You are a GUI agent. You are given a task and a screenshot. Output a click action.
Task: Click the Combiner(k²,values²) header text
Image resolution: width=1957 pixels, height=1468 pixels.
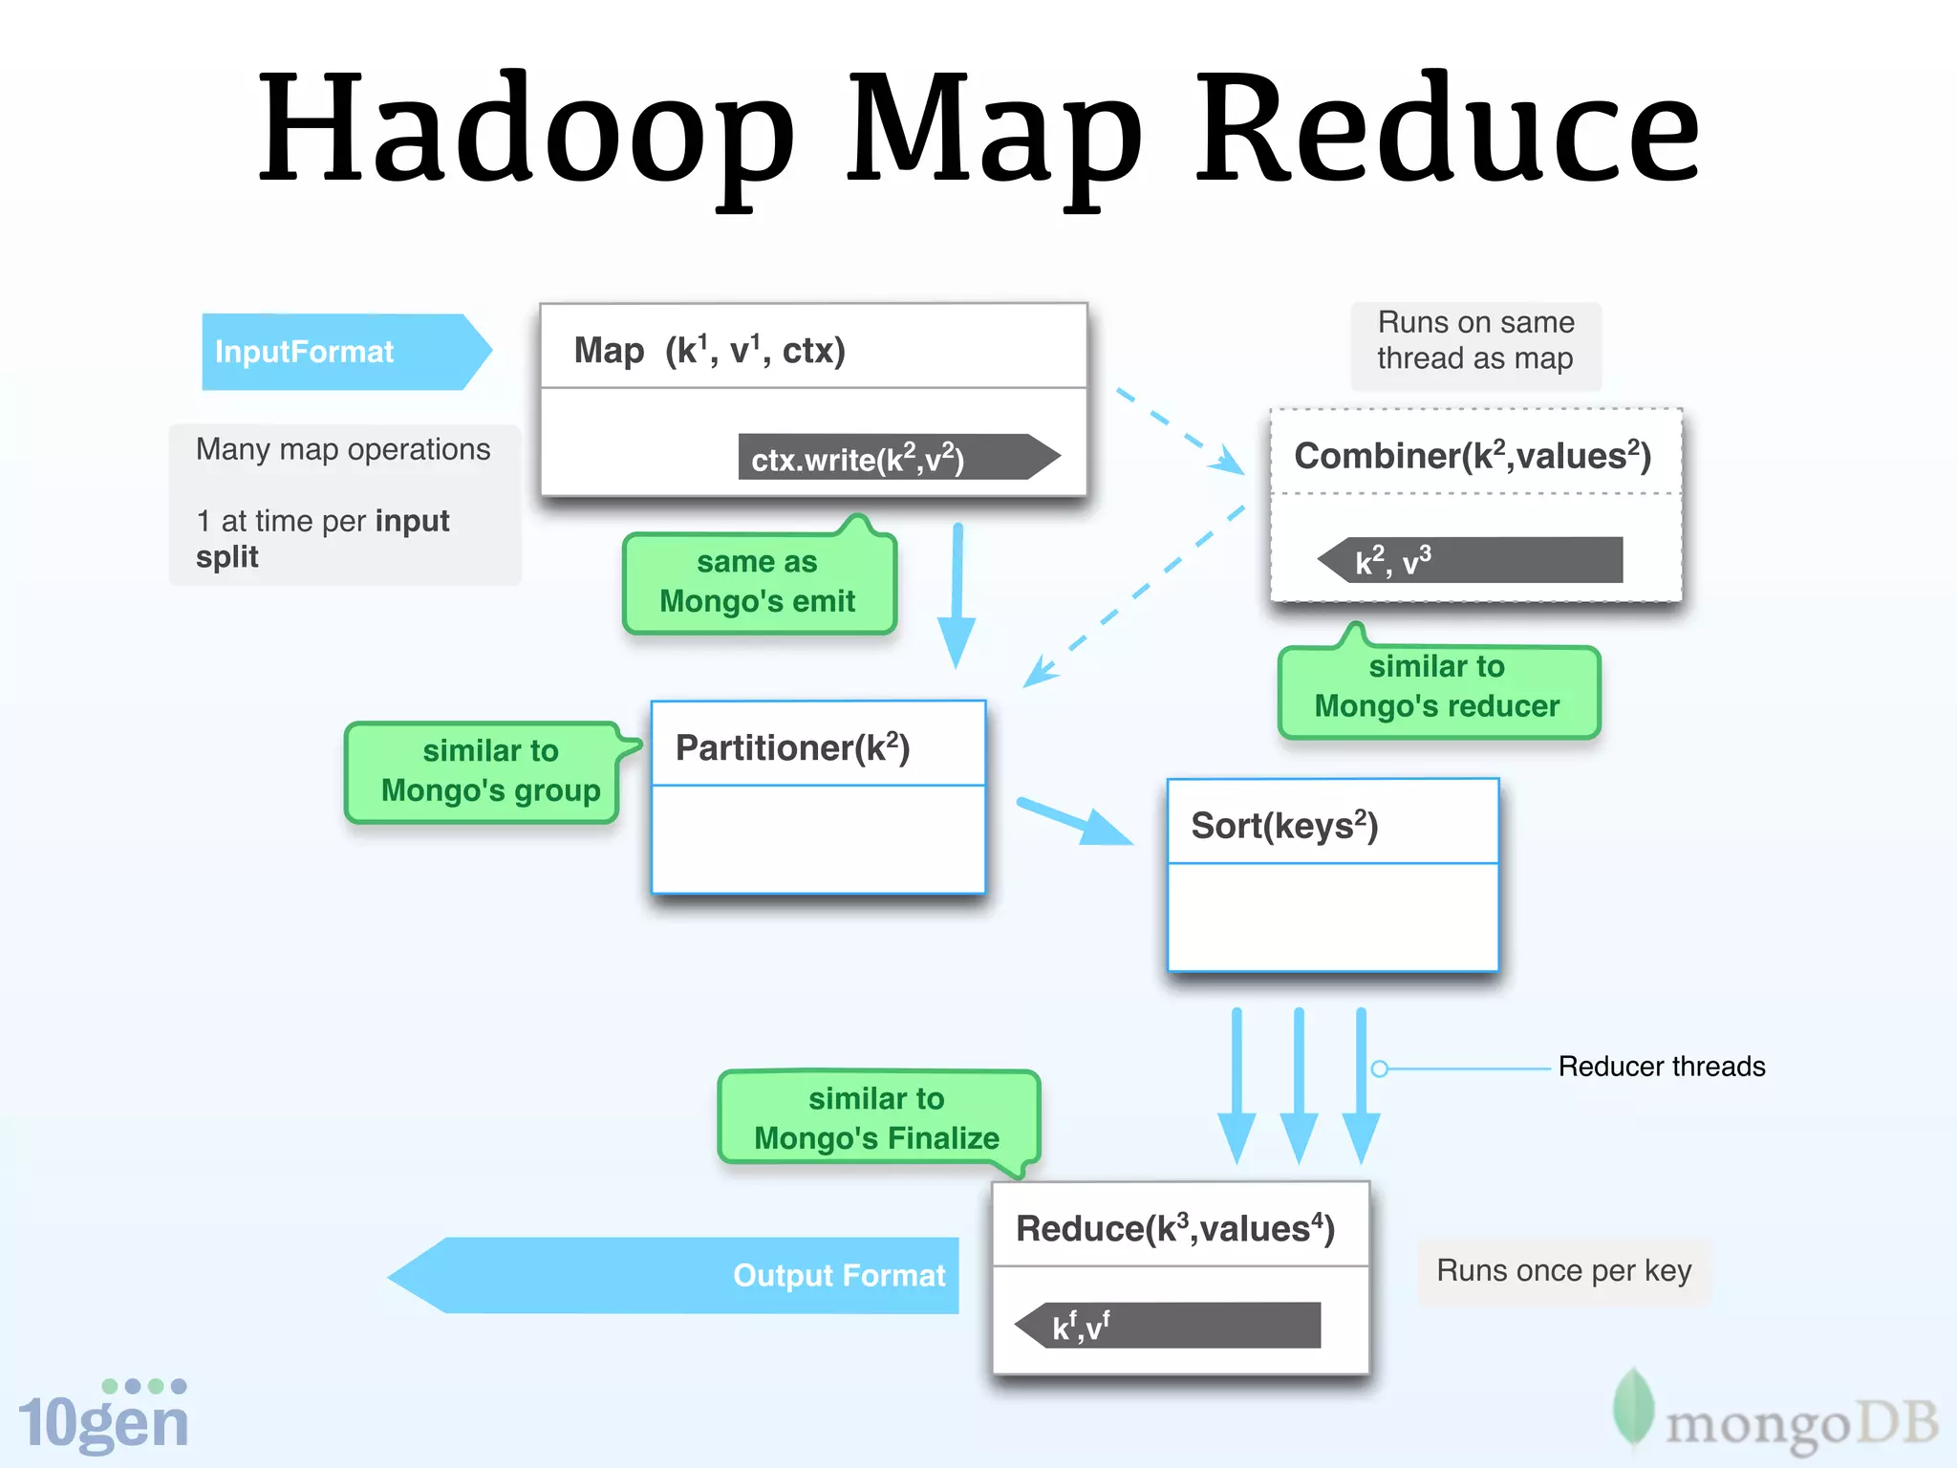1473,456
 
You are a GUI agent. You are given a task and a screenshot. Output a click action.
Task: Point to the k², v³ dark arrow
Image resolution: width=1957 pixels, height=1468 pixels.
1472,560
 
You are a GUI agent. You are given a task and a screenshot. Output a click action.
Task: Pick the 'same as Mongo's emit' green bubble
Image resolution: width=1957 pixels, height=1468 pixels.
758,582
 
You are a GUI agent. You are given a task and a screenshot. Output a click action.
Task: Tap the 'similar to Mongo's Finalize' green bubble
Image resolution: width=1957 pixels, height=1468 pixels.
876,1118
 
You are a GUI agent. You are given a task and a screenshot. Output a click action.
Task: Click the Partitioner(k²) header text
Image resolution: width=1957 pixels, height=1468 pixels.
793,747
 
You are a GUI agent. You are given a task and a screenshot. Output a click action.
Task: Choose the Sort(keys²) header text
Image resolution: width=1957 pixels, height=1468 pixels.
1284,825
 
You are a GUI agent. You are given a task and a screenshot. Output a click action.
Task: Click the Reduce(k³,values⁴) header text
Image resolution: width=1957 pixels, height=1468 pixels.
1175,1228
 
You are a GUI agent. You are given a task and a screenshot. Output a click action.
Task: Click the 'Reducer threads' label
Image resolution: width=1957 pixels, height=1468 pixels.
1661,1067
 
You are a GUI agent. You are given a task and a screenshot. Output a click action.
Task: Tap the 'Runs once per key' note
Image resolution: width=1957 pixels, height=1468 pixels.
1563,1271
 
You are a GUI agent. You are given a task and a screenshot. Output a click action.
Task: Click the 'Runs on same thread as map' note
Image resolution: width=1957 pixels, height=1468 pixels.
1475,341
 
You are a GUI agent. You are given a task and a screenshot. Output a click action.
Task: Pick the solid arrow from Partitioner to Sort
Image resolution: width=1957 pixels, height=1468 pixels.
1075,822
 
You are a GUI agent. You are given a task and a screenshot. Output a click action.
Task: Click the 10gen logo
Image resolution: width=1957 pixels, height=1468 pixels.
103,1417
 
